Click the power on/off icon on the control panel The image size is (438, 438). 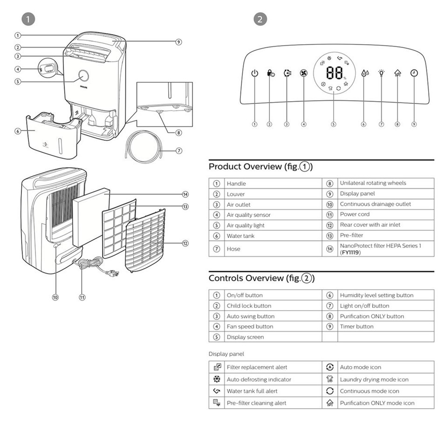(254, 73)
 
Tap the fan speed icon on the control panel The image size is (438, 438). (303, 73)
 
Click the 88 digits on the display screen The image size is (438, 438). (334, 73)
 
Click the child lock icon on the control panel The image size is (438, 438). (270, 73)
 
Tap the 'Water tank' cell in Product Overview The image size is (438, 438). (240, 236)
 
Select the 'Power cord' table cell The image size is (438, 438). (355, 214)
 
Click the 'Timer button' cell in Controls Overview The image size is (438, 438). (356, 327)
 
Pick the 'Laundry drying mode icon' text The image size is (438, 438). (374, 380)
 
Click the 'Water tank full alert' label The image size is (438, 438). (252, 391)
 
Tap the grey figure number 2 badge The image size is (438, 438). (260, 19)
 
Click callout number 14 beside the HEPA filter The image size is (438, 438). (185, 194)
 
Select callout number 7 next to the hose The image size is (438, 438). (179, 151)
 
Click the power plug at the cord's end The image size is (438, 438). (113, 274)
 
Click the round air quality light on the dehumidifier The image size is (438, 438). (84, 75)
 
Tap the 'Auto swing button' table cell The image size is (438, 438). (250, 316)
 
